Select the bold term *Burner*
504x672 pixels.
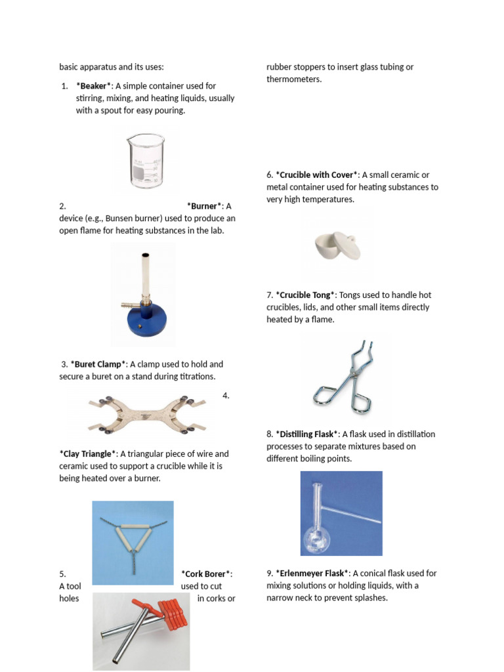205,206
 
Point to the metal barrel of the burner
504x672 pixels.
144,276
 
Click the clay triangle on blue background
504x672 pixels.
133,542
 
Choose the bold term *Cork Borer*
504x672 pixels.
206,574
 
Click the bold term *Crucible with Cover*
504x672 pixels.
317,175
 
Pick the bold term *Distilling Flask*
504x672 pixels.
308,434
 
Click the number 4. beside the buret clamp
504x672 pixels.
225,396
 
